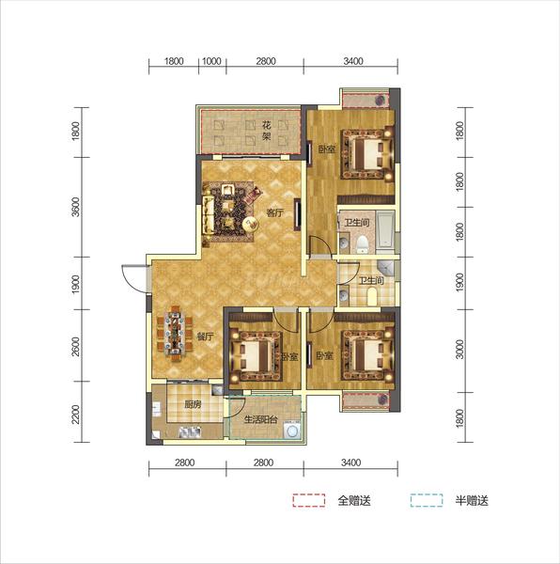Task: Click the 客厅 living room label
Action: click(274, 213)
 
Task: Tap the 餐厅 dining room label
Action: click(205, 337)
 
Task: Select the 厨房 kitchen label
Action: click(193, 404)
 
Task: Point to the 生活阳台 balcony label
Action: click(260, 419)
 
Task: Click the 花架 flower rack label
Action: click(266, 131)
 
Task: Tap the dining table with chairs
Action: click(175, 333)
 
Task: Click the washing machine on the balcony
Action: click(292, 431)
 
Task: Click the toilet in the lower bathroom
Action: click(372, 297)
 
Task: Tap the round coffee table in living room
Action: click(250, 224)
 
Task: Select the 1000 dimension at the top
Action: click(211, 61)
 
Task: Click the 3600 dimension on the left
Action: click(76, 207)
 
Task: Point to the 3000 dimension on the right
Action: click(459, 350)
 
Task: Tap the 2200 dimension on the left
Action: click(76, 415)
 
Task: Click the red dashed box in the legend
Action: click(309, 500)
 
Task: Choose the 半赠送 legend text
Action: click(472, 501)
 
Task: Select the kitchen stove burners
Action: click(190, 431)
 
